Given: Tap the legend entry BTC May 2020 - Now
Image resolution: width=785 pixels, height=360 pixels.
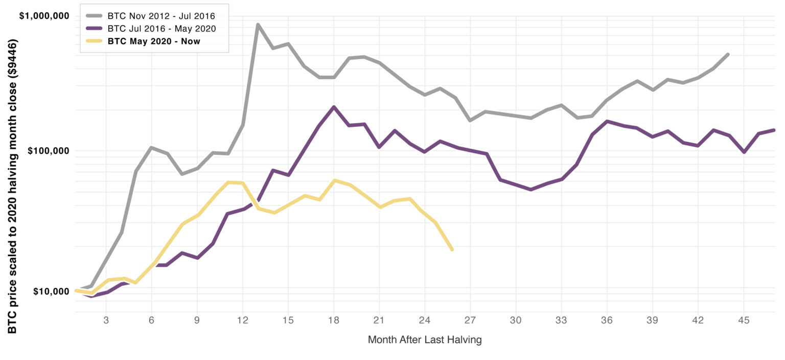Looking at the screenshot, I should tap(153, 41).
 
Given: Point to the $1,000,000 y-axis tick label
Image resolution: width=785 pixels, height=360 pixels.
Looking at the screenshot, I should tap(44, 16).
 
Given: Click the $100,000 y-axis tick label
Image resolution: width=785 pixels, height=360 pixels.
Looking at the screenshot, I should tap(47, 151).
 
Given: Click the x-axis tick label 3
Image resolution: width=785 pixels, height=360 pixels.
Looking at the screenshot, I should tap(106, 321).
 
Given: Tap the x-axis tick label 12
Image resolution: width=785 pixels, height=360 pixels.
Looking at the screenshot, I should tap(242, 321).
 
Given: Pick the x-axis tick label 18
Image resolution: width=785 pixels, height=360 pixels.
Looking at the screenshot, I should tap(334, 321).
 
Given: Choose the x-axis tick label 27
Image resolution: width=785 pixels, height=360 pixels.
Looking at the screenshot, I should tap(470, 321).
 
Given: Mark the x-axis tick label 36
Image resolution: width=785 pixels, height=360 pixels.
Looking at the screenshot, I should tap(607, 321).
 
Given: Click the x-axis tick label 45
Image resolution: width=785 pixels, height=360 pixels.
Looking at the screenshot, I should tap(744, 321).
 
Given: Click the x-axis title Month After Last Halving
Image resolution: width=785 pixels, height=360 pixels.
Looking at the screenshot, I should tap(425, 340).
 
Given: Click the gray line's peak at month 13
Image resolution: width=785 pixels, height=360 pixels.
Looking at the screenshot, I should tap(258, 25).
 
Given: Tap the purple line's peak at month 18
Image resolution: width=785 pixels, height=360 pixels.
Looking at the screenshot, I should tap(334, 107).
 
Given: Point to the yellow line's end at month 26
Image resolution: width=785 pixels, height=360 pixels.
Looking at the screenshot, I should tap(452, 250).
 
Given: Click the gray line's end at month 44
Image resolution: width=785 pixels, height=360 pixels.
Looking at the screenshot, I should tap(728, 54).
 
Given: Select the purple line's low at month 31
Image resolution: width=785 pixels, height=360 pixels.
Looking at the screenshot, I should tap(531, 189).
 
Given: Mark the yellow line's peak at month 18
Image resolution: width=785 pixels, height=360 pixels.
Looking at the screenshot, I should tap(334, 181).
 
